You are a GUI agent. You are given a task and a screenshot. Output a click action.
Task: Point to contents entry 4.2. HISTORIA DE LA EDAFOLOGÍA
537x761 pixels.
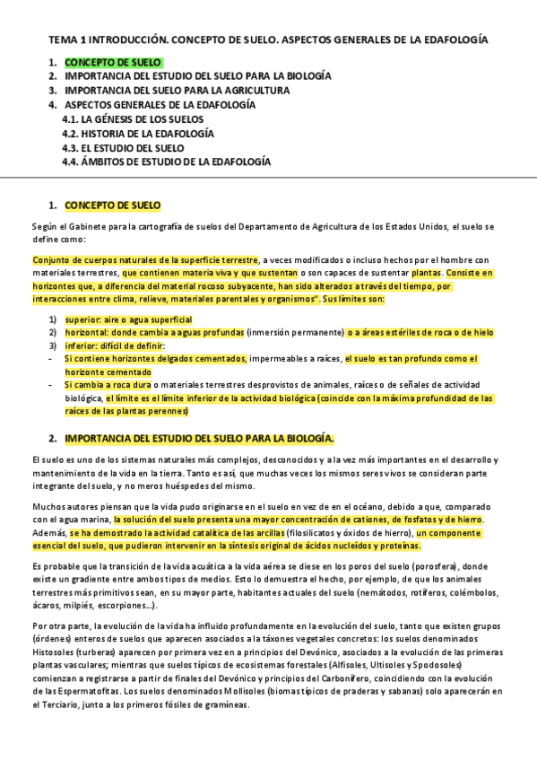137,134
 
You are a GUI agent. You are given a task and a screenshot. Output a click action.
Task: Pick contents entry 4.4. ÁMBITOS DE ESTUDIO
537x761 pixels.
166,162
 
